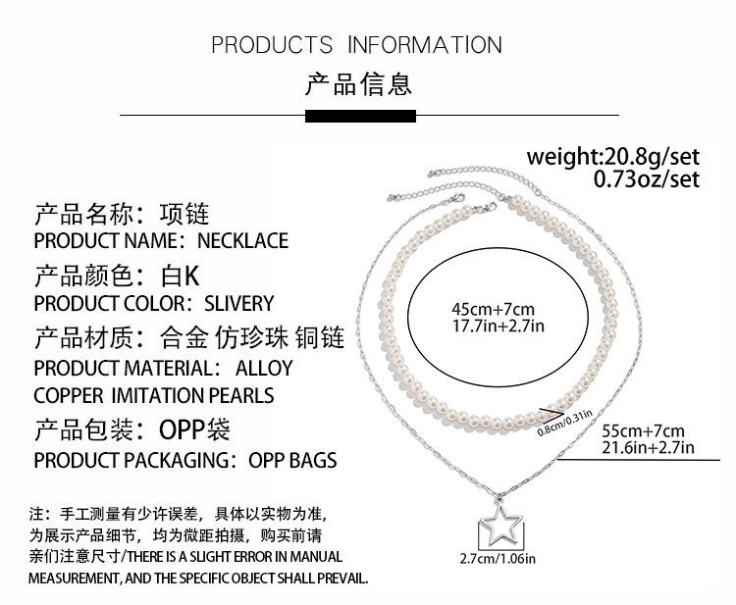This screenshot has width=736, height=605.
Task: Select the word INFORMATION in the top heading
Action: [x=424, y=45]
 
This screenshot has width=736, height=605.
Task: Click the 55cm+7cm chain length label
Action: [x=643, y=430]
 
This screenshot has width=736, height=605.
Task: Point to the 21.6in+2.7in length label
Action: [x=648, y=448]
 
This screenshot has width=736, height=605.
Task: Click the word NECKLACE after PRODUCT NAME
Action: [x=242, y=240]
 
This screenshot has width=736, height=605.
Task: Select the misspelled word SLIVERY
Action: [x=238, y=303]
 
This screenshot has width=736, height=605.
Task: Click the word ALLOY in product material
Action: [x=264, y=369]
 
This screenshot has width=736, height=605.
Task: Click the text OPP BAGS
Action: [x=291, y=460]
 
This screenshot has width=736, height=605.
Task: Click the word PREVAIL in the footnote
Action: [x=335, y=579]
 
